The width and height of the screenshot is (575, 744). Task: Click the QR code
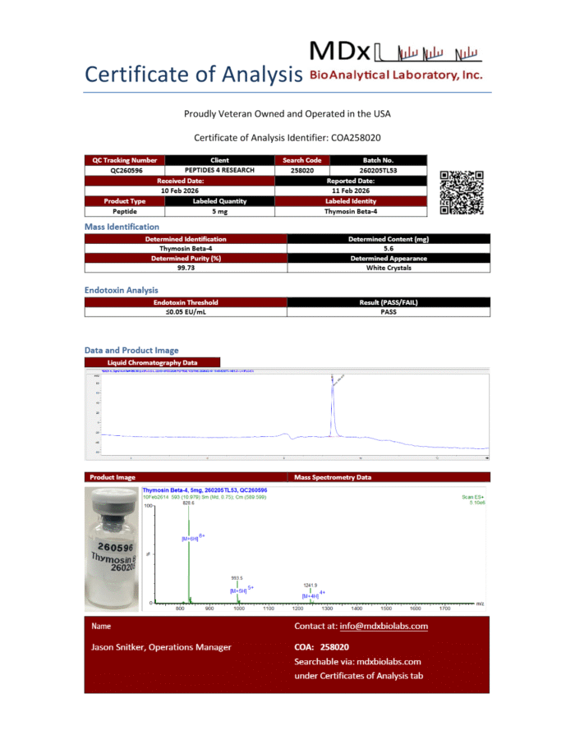462,192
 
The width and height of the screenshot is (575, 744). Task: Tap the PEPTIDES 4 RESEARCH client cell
219,170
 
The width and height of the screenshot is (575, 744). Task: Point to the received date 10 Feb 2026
181,191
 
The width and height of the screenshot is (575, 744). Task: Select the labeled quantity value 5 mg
219,211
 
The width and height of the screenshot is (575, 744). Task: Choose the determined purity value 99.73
186,268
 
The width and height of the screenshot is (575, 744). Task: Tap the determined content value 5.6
389,248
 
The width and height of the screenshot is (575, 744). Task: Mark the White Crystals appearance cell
389,268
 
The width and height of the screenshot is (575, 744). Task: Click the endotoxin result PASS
389,312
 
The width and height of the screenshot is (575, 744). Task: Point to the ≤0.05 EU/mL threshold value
186,312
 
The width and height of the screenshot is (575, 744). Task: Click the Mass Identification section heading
122,227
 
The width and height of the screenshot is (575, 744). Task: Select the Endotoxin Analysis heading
122,290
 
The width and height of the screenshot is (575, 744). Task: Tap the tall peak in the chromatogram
333,402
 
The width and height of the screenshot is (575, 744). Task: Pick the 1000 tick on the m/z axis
239,609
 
